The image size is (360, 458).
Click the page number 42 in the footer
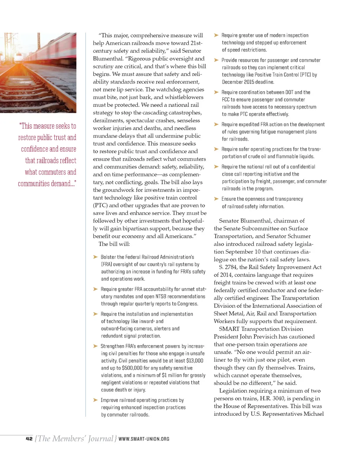[x=29, y=438]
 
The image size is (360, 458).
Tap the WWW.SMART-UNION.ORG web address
[x=144, y=439]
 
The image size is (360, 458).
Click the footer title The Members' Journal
[x=76, y=438]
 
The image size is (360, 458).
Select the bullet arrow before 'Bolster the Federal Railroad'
[x=95, y=257]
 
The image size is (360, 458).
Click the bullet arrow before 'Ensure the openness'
[x=216, y=199]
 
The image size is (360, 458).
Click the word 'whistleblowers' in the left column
[x=185, y=97]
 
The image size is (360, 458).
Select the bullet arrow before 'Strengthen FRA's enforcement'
[x=95, y=346]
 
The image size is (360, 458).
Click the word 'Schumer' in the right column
[x=298, y=236]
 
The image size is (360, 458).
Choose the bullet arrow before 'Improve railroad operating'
[x=95, y=400]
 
